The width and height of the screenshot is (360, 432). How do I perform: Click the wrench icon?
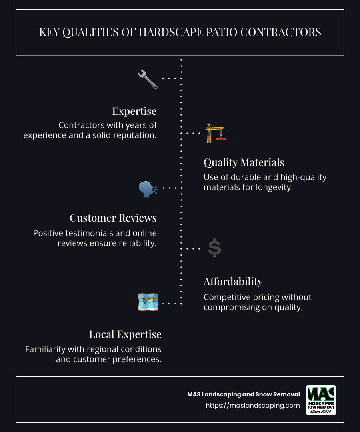148,79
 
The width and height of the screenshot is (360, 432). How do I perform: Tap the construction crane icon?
215,133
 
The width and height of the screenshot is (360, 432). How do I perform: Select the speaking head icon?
148,188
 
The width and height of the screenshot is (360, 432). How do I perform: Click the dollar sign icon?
215,248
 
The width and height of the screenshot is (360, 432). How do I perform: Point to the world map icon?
148,302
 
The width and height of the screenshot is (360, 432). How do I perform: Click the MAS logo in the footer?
320,400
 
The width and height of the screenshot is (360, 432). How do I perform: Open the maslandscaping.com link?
253,405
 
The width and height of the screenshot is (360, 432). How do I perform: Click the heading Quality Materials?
244,162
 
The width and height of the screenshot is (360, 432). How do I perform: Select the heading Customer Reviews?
113,218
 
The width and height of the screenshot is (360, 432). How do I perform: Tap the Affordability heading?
233,282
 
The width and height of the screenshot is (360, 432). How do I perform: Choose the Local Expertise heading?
125,334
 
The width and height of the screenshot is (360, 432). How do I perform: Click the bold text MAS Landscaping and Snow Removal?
243,394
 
